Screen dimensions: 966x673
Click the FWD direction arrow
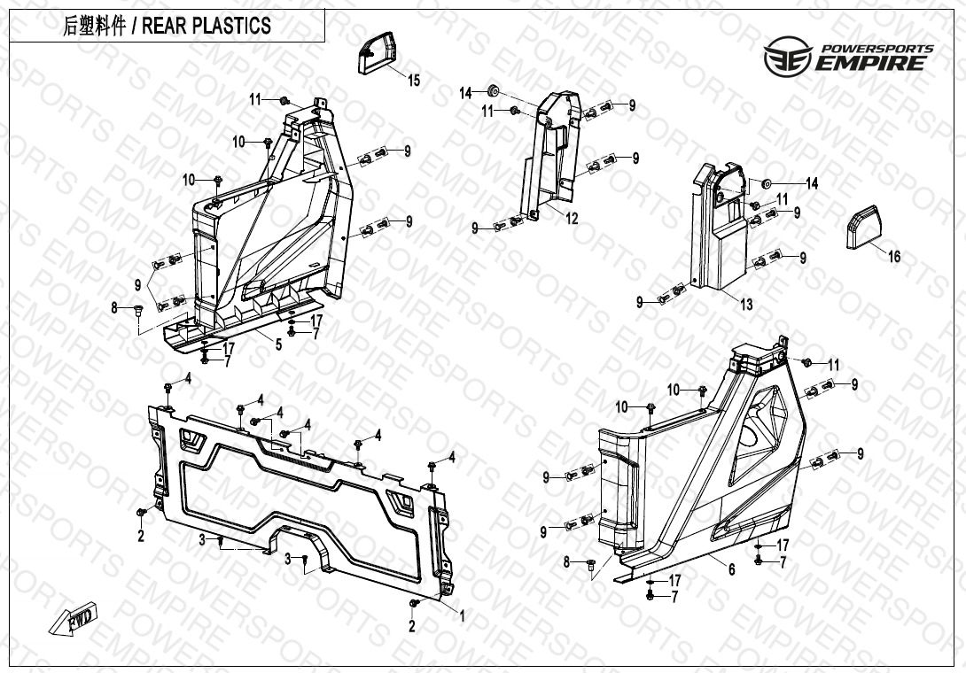(x=74, y=618)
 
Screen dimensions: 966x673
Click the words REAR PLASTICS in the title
(x=206, y=26)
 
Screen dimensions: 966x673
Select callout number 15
(x=414, y=80)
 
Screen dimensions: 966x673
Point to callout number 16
(x=894, y=256)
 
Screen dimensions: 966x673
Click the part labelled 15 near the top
(x=375, y=53)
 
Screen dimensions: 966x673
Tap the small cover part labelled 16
(x=864, y=228)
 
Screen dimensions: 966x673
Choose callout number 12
(x=572, y=218)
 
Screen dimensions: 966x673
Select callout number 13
(x=746, y=304)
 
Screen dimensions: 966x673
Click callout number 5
(x=278, y=344)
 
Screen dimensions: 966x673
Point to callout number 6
(x=731, y=569)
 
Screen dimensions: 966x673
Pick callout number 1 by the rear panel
(x=462, y=615)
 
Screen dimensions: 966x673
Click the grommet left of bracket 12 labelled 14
(x=493, y=92)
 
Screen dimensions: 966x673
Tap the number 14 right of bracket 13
(x=812, y=183)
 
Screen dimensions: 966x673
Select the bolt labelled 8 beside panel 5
(x=137, y=309)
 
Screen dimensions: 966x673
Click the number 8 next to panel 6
(x=567, y=561)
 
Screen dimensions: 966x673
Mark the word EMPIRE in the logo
(x=871, y=63)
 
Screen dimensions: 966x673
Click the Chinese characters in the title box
(x=94, y=26)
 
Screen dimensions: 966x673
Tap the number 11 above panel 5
(x=255, y=99)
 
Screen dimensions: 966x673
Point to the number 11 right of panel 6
(x=833, y=365)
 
